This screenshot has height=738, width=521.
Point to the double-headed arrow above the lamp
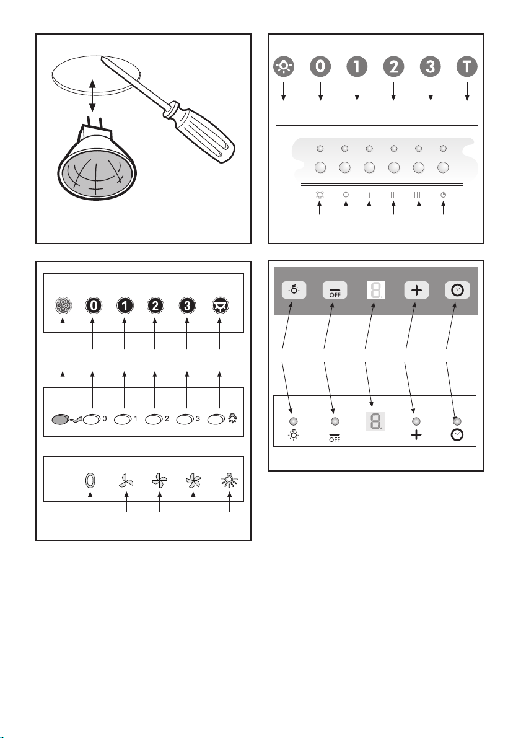[x=93, y=95]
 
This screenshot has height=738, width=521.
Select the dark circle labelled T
[x=467, y=66]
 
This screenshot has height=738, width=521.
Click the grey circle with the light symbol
[x=284, y=66]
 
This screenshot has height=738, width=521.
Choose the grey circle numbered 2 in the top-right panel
[x=393, y=66]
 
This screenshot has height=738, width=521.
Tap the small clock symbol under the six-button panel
[x=443, y=195]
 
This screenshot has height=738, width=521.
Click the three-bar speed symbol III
[x=418, y=195]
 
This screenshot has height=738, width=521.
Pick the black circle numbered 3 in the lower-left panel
[x=187, y=305]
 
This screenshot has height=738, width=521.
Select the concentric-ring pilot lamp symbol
[x=63, y=305]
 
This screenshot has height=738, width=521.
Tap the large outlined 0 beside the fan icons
[x=90, y=481]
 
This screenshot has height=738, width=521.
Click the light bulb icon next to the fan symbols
[x=229, y=481]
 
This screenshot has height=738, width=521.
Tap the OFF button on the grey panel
[x=335, y=290]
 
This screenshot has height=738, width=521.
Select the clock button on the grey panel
[x=457, y=290]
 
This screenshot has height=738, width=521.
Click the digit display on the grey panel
[x=375, y=290]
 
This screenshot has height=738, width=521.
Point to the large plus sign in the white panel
[x=416, y=435]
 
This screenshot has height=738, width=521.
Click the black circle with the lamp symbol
[x=219, y=305]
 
